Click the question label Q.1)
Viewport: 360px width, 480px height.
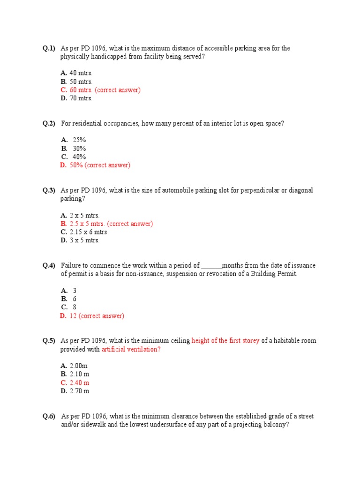[x=49, y=48]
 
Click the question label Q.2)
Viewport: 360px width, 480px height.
[x=49, y=123]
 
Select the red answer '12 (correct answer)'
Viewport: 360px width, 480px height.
[x=97, y=316]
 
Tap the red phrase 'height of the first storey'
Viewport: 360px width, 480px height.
[x=225, y=341]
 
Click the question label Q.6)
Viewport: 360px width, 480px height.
[x=49, y=416]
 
